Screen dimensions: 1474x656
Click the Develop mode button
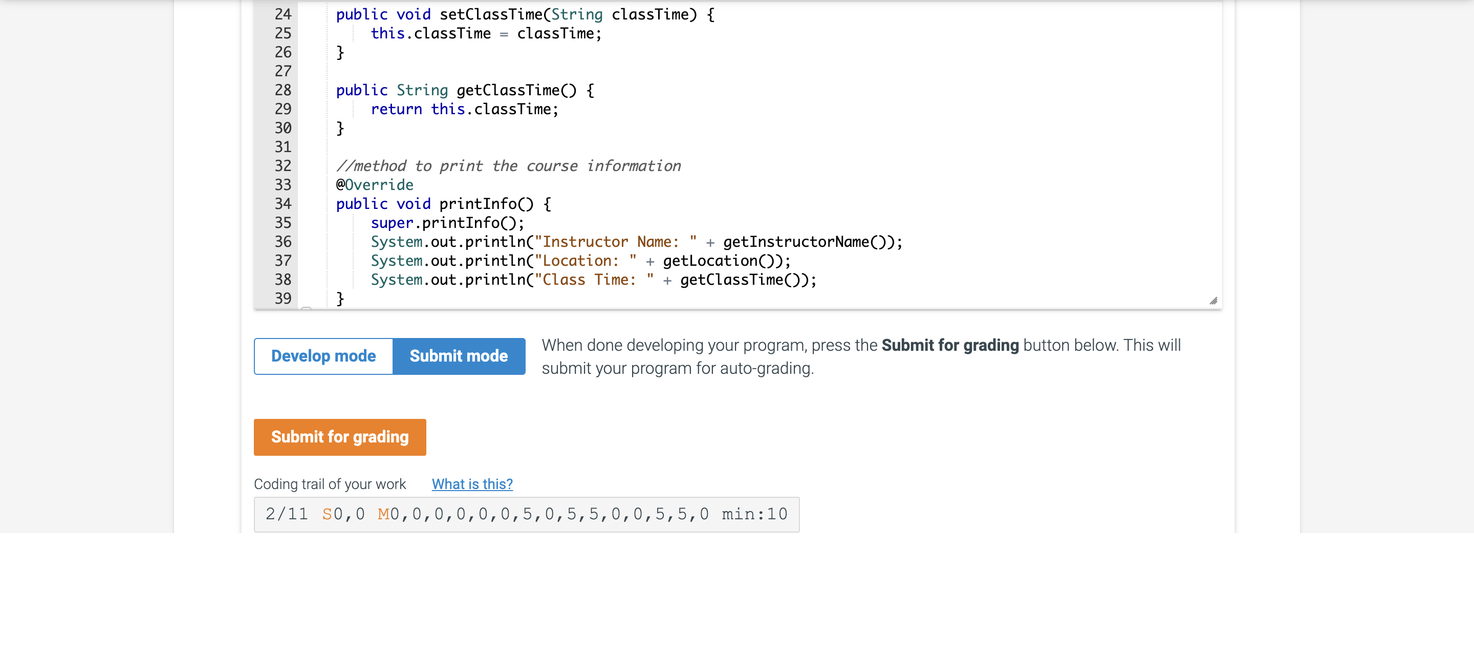[323, 356]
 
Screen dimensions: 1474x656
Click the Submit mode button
[459, 356]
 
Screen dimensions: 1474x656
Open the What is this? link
[472, 484]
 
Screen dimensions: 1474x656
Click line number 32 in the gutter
[283, 166]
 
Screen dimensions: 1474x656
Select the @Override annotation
[375, 185]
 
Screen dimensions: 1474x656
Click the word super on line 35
[392, 223]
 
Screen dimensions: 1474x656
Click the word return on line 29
[396, 110]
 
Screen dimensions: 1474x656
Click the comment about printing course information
[508, 166]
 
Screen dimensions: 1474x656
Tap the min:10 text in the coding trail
[754, 514]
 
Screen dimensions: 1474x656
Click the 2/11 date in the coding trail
[287, 514]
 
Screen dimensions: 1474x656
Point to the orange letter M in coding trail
[383, 514]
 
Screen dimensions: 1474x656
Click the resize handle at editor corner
[1213, 301]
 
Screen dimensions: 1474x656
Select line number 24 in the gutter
[283, 14]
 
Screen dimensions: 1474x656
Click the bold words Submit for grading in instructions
[950, 345]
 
